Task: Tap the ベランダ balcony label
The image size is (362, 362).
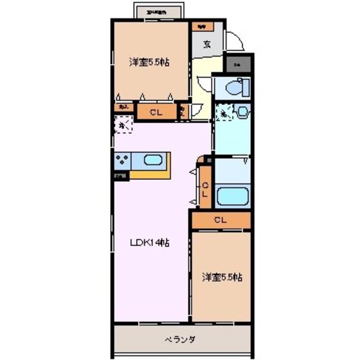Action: [x=180, y=340]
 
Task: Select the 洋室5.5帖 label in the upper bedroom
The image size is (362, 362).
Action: [x=149, y=62]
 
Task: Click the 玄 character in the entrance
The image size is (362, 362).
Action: [x=207, y=44]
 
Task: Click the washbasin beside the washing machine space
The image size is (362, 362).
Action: [x=242, y=113]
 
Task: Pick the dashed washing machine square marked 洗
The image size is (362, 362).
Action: [x=223, y=113]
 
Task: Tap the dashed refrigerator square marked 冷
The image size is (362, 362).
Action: [x=123, y=125]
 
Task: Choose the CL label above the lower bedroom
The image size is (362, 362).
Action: [x=220, y=220]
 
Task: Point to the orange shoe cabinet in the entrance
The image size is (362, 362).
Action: [x=202, y=27]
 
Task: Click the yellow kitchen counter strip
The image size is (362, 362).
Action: [x=150, y=174]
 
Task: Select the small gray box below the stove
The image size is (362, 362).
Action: [x=121, y=175]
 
